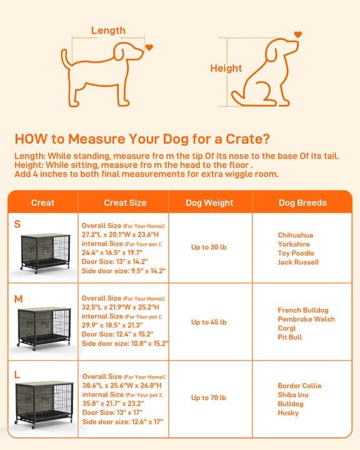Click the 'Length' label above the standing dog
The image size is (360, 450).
108,30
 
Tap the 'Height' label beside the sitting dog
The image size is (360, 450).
226,69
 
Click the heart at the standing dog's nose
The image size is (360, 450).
149,47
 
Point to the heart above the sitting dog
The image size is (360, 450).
298,35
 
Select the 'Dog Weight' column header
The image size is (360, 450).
209,202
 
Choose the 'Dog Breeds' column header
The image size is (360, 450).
302,202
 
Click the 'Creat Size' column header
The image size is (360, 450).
125,202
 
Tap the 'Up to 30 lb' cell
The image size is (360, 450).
209,247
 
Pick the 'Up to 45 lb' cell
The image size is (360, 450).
209,322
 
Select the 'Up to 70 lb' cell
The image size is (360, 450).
209,398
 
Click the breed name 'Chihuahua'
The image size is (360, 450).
296,235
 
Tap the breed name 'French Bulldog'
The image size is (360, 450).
303,310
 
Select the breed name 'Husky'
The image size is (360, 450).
288,412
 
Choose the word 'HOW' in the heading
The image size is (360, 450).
29,138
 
